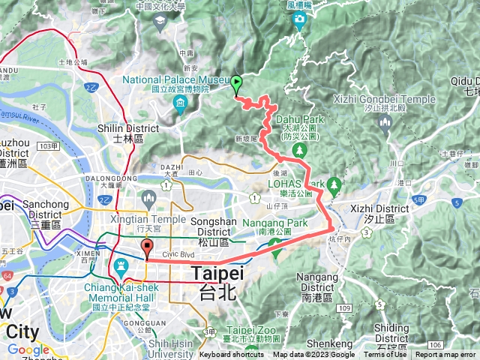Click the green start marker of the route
237,84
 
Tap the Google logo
28,349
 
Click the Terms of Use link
385,355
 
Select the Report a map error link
445,355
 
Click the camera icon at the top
300,19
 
